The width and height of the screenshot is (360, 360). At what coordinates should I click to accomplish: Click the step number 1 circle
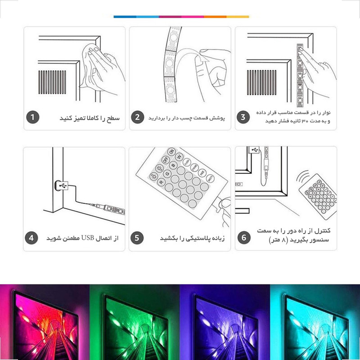33,117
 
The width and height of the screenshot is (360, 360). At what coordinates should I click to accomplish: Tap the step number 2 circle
138,117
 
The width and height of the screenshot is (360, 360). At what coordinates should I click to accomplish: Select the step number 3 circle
243,117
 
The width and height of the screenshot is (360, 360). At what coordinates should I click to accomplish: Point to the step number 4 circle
31,238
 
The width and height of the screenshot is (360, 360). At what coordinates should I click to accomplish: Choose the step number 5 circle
137,238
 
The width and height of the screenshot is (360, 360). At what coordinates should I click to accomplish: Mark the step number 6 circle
244,238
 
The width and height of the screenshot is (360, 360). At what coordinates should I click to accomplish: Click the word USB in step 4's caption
88,238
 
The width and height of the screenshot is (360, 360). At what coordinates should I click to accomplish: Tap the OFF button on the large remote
166,160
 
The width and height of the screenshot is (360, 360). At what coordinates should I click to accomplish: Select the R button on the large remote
161,182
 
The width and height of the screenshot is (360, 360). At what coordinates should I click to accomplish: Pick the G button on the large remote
167,174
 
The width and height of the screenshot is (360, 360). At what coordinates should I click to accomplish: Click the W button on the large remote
179,157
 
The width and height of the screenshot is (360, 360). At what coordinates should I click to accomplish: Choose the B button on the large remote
173,165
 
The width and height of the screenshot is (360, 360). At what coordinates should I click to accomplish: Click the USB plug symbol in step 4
63,185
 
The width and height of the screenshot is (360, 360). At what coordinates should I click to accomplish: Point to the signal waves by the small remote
302,176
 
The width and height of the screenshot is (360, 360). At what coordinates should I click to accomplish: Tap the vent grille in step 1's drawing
52,82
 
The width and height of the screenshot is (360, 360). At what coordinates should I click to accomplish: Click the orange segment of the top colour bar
215,17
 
